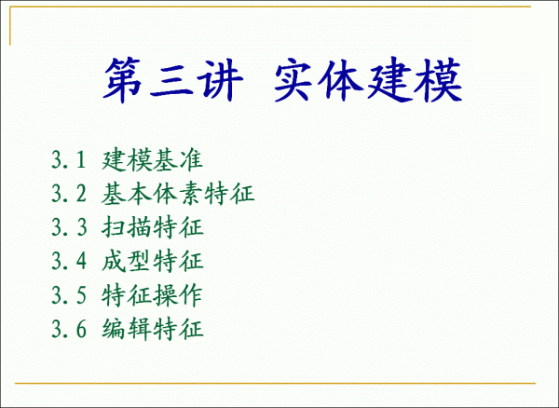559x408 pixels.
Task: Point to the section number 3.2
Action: point(69,194)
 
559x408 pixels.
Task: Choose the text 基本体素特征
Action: point(178,194)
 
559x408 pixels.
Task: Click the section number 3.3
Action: point(69,227)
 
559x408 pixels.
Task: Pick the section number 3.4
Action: point(69,261)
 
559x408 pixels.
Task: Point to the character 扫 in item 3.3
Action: point(114,227)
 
